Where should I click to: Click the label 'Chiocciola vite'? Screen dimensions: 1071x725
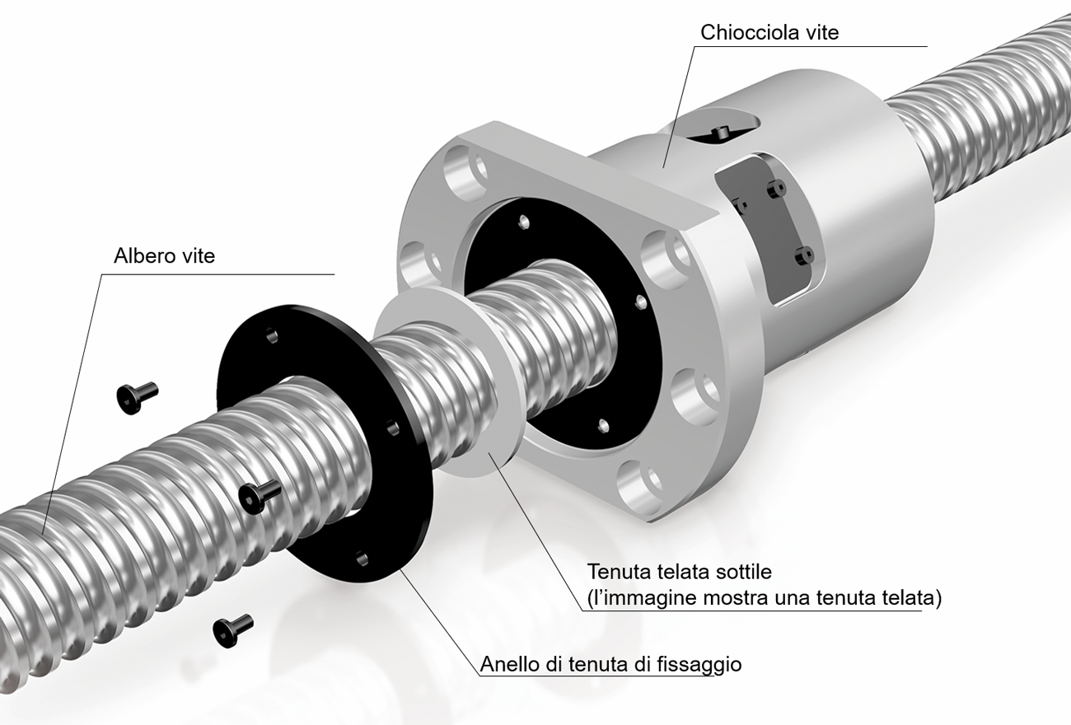point(769,32)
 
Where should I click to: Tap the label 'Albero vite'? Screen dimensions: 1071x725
point(164,256)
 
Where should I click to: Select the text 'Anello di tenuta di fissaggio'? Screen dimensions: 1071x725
point(610,664)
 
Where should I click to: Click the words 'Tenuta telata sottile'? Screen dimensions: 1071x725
point(680,572)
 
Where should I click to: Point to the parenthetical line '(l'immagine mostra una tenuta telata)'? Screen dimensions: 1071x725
point(765,598)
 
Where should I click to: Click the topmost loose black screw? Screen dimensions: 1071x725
point(137,397)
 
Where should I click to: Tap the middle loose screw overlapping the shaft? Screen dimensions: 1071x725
point(260,498)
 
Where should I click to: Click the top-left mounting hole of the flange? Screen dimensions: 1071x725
point(465,171)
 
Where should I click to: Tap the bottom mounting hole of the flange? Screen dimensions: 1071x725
point(639,485)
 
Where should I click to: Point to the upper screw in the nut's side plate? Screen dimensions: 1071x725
point(776,189)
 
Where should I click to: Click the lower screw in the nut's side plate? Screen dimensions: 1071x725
point(804,255)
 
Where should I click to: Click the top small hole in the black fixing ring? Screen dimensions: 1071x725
point(272,335)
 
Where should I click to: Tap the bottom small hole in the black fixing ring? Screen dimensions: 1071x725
point(362,558)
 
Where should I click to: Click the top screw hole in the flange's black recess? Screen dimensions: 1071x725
point(525,222)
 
